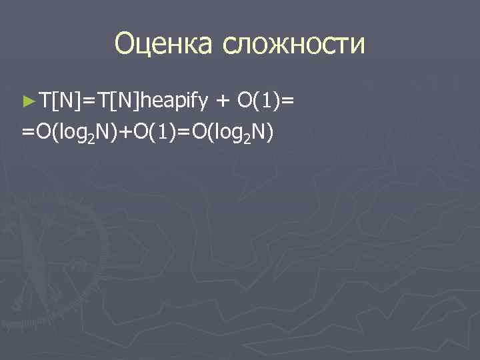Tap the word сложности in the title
[x=294, y=44]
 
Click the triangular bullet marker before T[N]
[x=27, y=101]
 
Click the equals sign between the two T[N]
[x=87, y=101]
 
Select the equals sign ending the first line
[x=288, y=101]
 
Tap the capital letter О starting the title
[x=125, y=44]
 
